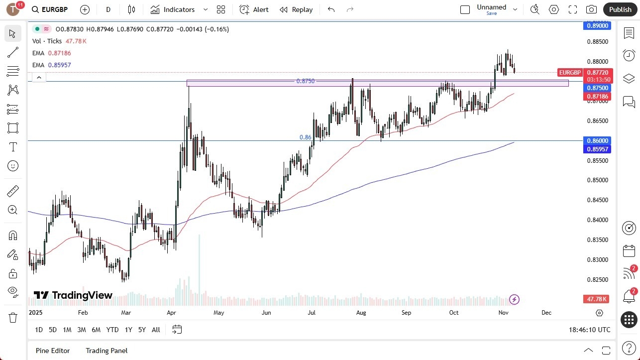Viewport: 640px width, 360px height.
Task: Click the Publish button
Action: (620, 9)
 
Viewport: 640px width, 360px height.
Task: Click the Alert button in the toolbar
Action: (254, 9)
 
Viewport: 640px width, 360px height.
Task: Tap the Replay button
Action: (296, 9)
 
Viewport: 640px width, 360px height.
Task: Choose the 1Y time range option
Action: (128, 330)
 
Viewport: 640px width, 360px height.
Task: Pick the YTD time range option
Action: (112, 330)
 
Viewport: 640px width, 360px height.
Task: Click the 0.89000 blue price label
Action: (597, 26)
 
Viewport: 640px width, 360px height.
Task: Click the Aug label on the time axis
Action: (361, 313)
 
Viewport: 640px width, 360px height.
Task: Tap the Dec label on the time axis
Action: (546, 313)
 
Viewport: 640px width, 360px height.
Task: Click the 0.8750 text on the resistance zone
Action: (305, 81)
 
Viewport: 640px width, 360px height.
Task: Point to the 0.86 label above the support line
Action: (305, 137)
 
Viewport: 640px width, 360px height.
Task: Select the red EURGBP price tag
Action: (570, 73)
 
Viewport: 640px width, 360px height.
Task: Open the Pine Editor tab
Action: (53, 351)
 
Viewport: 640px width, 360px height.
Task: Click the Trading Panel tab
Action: (107, 351)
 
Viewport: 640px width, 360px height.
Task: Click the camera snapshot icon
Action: (591, 9)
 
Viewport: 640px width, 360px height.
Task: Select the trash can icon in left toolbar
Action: (13, 317)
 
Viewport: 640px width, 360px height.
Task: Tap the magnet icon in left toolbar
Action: (13, 235)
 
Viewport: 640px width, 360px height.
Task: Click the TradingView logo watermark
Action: (73, 295)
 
